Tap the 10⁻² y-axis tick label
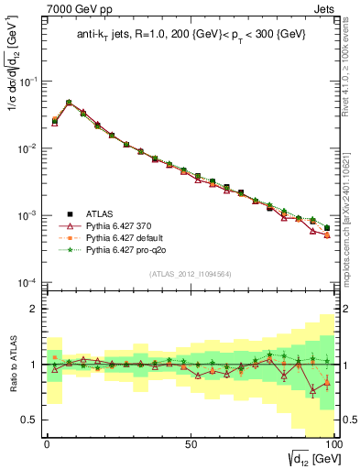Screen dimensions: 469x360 (x=30, y=148)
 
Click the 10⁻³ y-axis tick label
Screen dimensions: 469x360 (x=30, y=215)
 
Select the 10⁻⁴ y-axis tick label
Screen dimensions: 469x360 (x=30, y=282)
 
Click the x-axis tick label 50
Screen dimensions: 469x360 (x=191, y=442)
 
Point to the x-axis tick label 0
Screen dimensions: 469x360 (x=47, y=442)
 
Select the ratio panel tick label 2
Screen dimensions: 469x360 (x=35, y=309)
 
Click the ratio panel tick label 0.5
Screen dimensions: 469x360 (x=31, y=420)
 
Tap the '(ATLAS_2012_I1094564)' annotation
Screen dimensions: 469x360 (x=190, y=272)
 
